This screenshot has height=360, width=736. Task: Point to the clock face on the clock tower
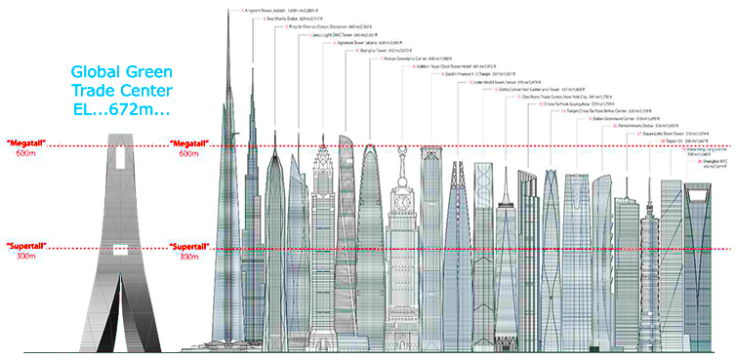tap(398, 203)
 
